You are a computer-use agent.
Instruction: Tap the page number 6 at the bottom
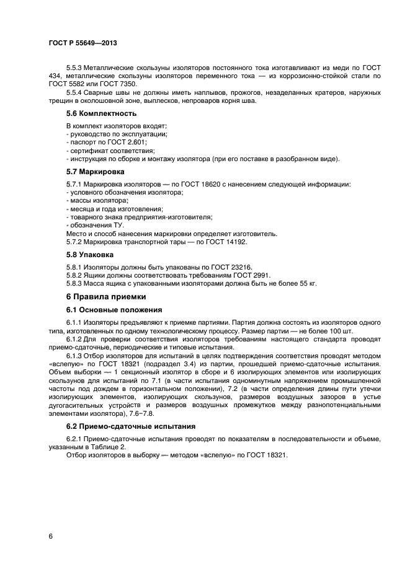[x=50, y=536]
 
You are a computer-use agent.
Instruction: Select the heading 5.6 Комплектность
[x=102, y=113]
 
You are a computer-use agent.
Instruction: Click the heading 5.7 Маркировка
[x=96, y=171]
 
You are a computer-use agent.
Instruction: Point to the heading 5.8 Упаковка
[x=90, y=254]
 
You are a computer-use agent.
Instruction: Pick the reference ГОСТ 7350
[x=120, y=84]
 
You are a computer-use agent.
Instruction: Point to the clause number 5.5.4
[x=76, y=92]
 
